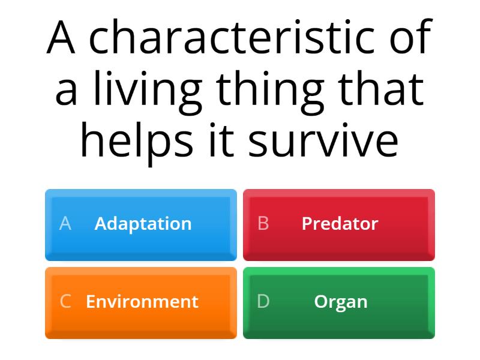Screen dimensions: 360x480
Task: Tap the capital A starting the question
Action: coord(61,38)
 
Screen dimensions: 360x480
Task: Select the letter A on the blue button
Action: coord(65,224)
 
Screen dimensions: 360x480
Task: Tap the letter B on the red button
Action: coord(263,224)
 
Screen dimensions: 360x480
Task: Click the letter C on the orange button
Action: coord(65,301)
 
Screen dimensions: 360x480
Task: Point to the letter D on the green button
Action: coord(263,301)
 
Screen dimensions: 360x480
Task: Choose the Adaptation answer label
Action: coord(143,224)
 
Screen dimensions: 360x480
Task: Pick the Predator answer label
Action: coord(340,224)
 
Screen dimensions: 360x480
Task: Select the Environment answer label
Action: coord(142,301)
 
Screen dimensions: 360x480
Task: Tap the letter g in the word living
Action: coord(188,93)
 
